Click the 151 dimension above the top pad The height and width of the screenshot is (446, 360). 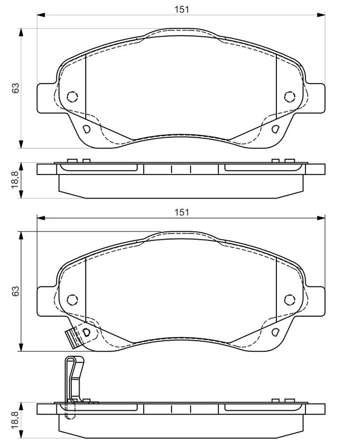182,9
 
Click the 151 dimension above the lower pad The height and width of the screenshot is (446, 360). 182,212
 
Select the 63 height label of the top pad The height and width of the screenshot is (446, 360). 16,88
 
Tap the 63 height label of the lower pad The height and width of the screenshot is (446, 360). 16,290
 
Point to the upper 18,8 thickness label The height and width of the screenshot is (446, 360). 15,180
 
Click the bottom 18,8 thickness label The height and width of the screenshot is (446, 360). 15,420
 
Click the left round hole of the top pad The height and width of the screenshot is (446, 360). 72,96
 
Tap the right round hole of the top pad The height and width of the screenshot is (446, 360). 289,96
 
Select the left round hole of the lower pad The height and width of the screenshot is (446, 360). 72,299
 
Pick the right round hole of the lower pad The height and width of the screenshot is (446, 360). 289,299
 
